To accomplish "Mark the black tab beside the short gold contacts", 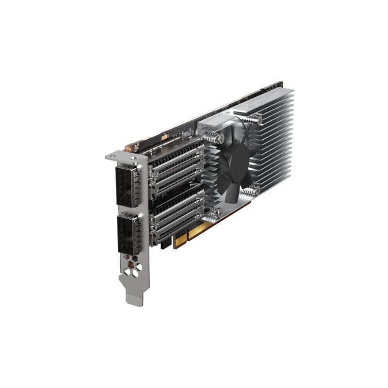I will (165, 242).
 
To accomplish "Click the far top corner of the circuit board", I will (280, 82).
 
